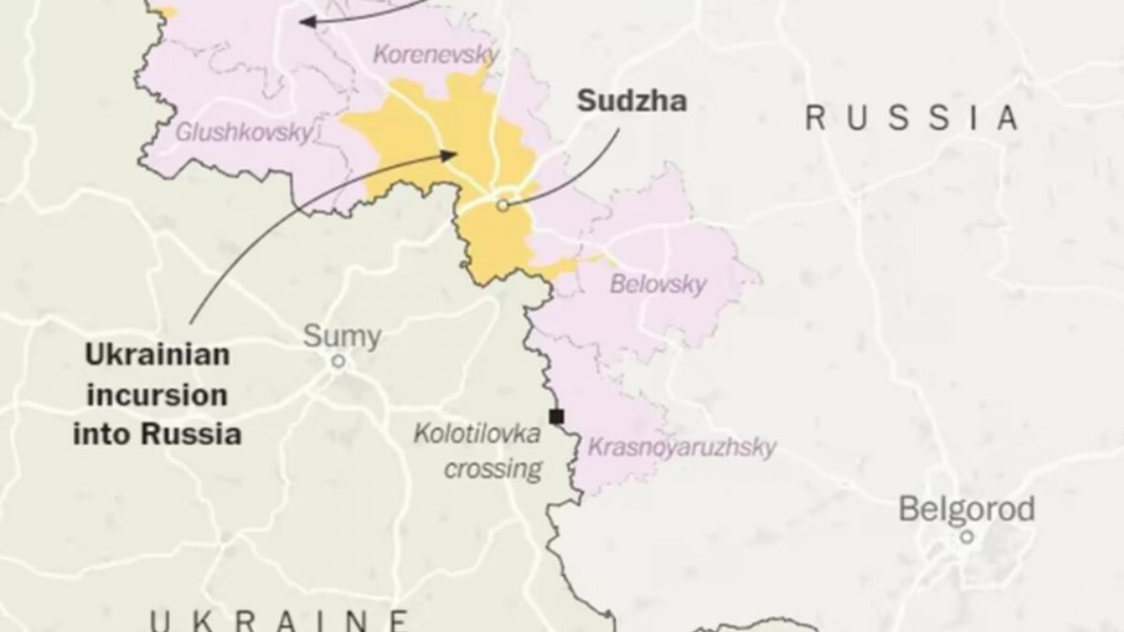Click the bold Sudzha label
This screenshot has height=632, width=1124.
pos(631,100)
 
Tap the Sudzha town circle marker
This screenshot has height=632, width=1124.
pos(502,205)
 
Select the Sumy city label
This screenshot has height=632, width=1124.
pos(341,335)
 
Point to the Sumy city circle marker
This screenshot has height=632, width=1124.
pos(337,362)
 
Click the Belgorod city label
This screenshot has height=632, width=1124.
pos(966,510)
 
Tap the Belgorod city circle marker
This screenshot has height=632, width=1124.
pos(967,536)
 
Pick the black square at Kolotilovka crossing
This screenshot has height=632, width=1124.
pos(556,415)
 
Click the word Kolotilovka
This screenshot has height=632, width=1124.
pos(477,433)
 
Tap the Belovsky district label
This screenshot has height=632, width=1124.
pos(658,285)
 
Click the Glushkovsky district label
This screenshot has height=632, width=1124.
pos(244,130)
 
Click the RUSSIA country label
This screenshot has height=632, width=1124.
pos(911,118)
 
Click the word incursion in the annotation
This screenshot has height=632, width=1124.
pos(157,395)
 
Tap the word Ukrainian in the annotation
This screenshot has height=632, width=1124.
pos(157,356)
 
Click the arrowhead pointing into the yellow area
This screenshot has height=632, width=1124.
pos(451,154)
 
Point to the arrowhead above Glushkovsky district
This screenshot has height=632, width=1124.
pos(307,21)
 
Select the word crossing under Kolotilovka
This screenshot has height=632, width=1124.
pos(493,468)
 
